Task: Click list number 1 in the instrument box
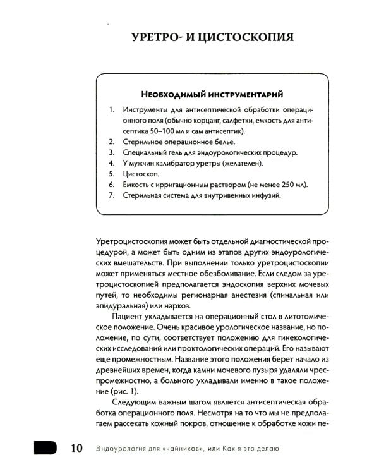click(111, 109)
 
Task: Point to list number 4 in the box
click(111, 162)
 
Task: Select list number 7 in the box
click(111, 195)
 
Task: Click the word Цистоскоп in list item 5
click(142, 173)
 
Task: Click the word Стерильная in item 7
click(145, 195)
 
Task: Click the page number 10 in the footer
click(75, 448)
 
